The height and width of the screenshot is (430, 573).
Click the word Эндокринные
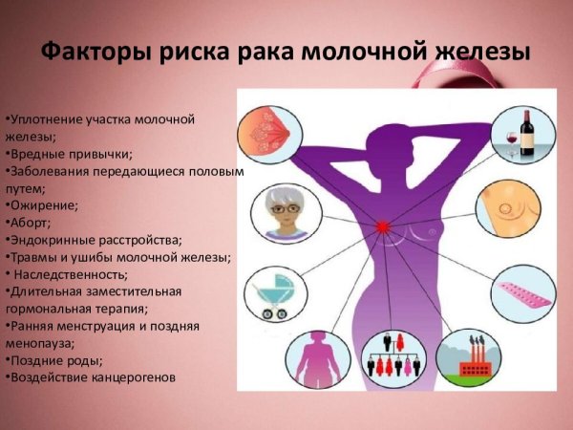pos(49,239)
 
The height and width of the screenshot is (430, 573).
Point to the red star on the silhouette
pos(384,226)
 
